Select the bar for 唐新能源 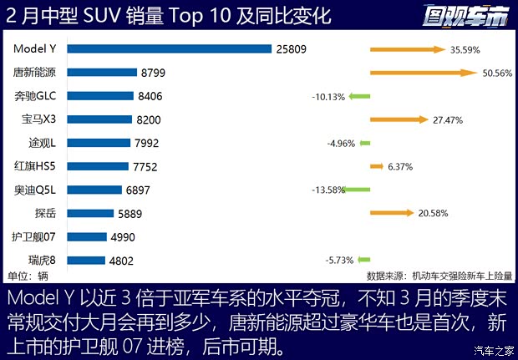point(101,73)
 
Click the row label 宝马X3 point(38,119)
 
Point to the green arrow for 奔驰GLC point(359,96)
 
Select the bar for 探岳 point(90,214)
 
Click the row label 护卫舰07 point(35,237)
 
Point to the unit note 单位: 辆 point(28,276)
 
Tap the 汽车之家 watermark point(493,350)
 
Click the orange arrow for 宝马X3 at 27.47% point(399,119)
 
